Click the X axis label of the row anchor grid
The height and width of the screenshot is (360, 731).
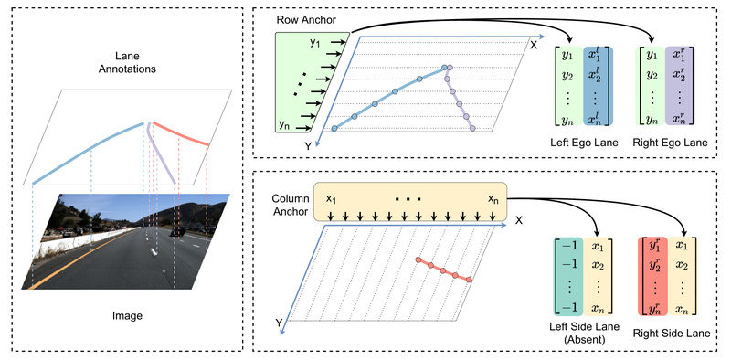pyautogui.click(x=534, y=44)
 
